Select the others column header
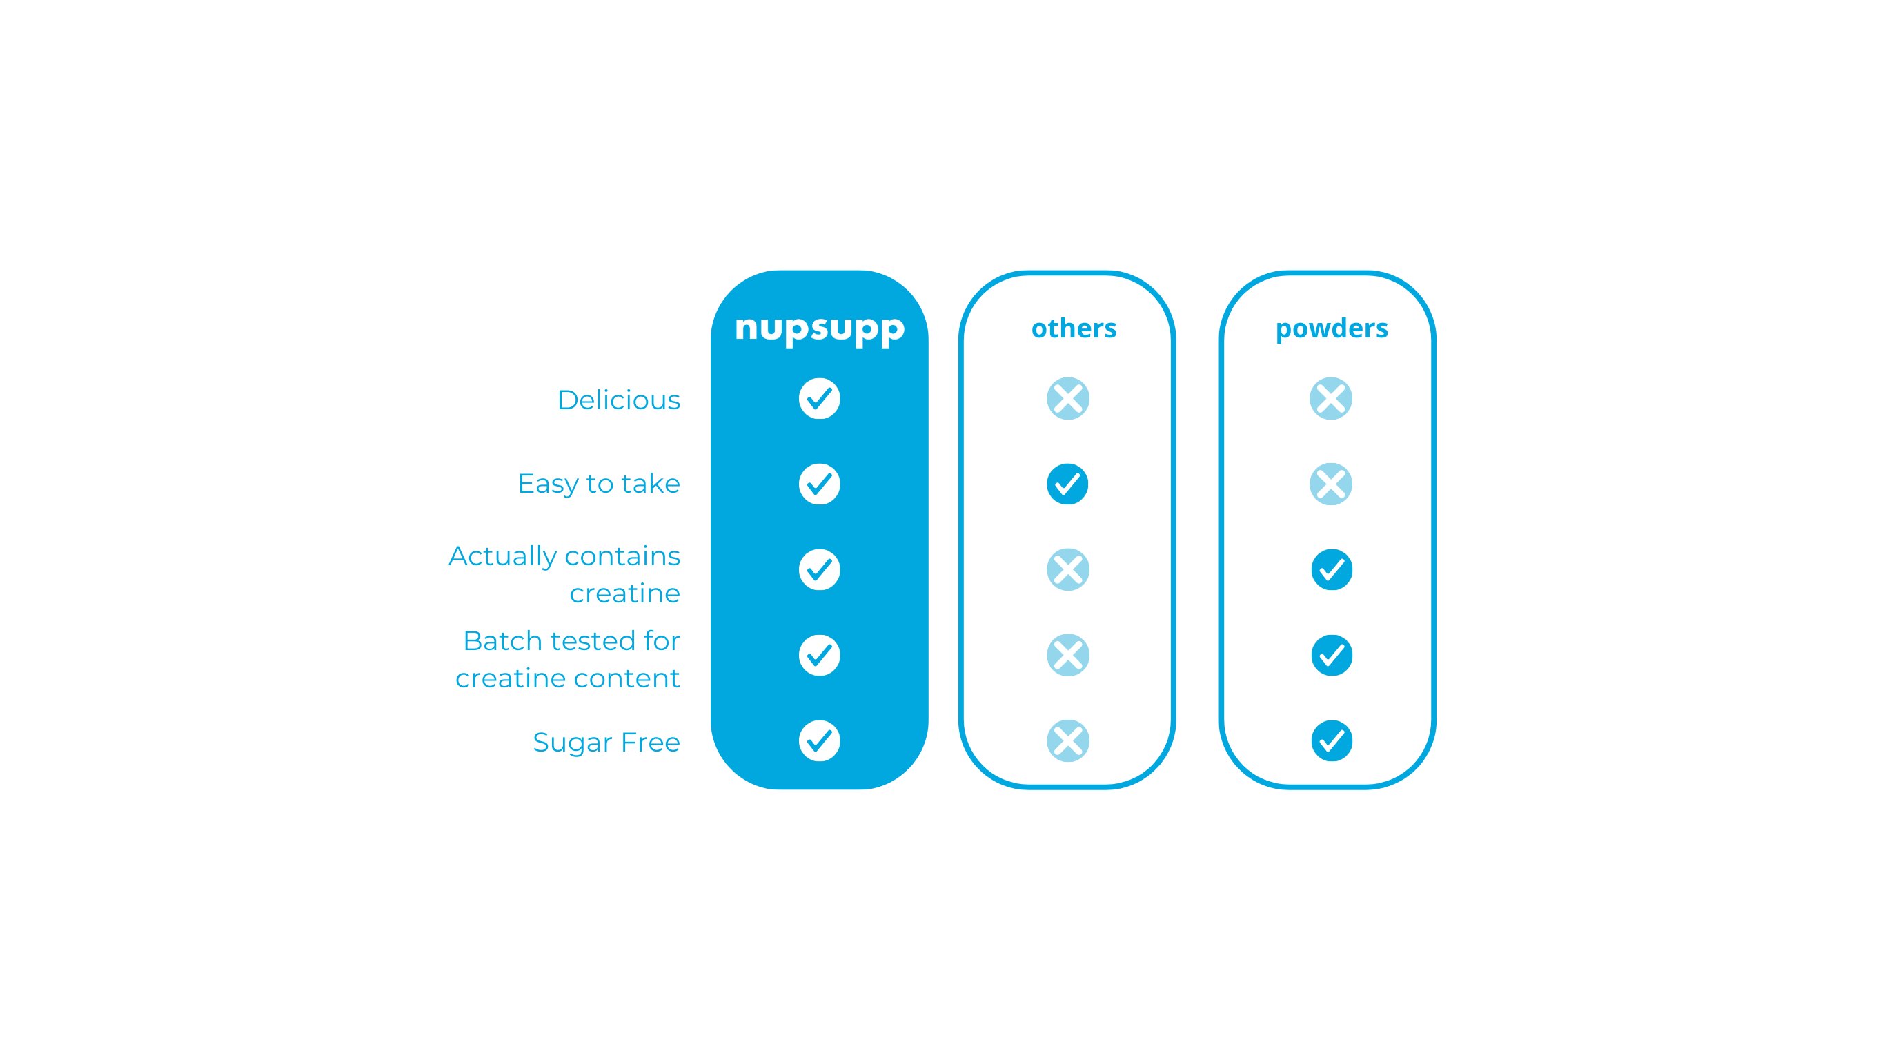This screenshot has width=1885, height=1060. tap(1074, 328)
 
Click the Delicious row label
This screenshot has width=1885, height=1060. tap(618, 400)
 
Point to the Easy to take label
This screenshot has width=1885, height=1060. tap(599, 484)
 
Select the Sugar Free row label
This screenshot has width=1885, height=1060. tap(606, 743)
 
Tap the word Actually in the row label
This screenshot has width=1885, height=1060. tap(502, 556)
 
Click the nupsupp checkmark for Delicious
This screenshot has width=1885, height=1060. tap(820, 399)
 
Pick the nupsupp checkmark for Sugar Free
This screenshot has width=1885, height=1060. tap(820, 741)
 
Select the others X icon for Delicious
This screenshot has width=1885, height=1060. tap(1067, 399)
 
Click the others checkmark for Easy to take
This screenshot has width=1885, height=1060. tap(1067, 484)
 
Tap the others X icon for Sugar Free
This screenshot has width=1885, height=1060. tap(1067, 741)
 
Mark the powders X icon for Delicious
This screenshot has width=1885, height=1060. tap(1331, 399)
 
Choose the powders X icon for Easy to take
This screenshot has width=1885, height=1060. tap(1331, 484)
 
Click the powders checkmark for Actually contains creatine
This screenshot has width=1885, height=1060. tap(1332, 569)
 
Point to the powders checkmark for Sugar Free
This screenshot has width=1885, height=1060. tap(1332, 741)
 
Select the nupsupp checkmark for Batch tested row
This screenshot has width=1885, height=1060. tap(820, 655)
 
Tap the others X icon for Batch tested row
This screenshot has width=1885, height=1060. tap(1067, 655)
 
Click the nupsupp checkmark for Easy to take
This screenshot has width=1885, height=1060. tap(820, 484)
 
